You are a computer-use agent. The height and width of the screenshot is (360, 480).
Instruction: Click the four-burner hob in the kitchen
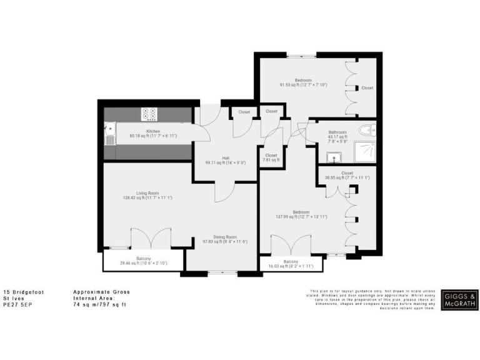(x=150, y=114)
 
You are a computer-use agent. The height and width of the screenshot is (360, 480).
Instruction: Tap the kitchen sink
(x=111, y=134)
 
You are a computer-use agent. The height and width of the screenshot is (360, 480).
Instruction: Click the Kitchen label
(x=145, y=131)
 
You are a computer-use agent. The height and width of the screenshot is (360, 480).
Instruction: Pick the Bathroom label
(x=337, y=132)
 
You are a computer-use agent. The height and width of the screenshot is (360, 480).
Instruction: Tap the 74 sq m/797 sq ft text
(x=100, y=304)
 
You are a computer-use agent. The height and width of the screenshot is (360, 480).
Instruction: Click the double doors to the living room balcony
(x=151, y=238)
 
